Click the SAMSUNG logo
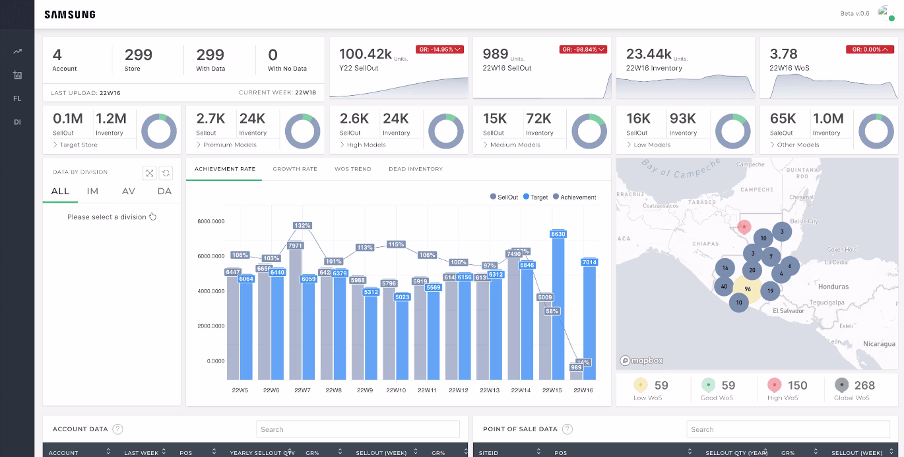click(x=70, y=15)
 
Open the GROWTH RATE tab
click(x=295, y=169)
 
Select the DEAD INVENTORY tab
click(x=416, y=169)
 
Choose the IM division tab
click(x=92, y=192)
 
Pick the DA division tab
click(x=164, y=192)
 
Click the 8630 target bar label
click(x=558, y=234)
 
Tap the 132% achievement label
click(x=302, y=226)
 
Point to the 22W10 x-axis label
click(x=396, y=390)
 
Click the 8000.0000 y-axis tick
click(x=211, y=221)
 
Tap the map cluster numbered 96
click(x=748, y=289)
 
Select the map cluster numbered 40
click(x=725, y=286)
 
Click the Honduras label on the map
click(x=833, y=287)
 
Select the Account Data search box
click(x=358, y=429)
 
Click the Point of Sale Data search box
click(x=787, y=429)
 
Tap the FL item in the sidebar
click(x=17, y=98)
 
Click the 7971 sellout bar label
click(x=295, y=246)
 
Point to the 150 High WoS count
click(x=797, y=386)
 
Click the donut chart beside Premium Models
click(x=302, y=130)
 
